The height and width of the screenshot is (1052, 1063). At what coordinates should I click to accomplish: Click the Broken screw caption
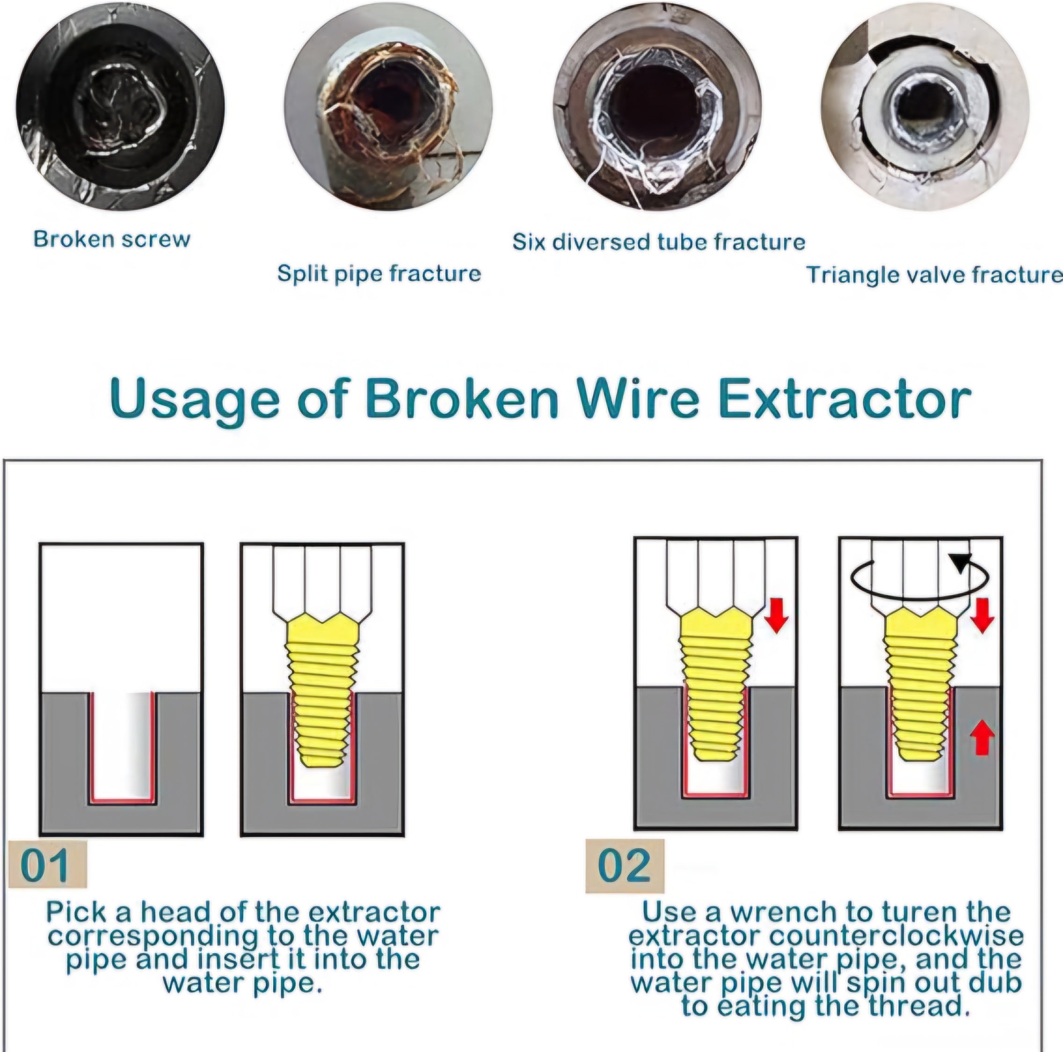(x=112, y=239)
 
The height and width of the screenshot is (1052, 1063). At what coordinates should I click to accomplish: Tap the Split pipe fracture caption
(x=379, y=273)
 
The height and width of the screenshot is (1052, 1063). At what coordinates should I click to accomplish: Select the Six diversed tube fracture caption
(x=659, y=242)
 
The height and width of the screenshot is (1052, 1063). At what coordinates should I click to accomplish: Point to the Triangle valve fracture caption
(x=934, y=275)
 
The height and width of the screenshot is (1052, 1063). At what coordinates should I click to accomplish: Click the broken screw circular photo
(x=120, y=107)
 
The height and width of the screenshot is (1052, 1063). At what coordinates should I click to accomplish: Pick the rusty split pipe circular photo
(x=388, y=107)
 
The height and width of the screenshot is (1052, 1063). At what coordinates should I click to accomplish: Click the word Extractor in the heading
(x=845, y=398)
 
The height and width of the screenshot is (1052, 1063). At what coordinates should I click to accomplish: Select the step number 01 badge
(x=47, y=864)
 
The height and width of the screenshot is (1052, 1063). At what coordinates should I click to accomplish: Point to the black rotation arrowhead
(x=961, y=561)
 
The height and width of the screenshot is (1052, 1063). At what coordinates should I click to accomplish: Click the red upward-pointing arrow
(x=982, y=738)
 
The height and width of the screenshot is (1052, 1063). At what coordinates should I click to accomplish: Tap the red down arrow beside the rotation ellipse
(x=982, y=614)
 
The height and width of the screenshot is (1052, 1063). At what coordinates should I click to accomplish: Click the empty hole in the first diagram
(x=122, y=745)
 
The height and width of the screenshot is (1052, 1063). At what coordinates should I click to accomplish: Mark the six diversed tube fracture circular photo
(x=657, y=107)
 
